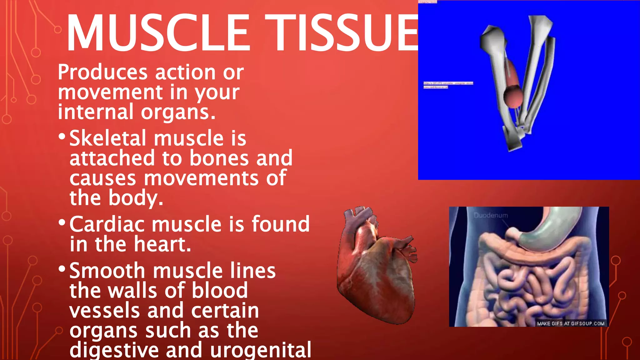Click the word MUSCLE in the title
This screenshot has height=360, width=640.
tap(158, 33)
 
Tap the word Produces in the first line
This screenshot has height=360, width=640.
tap(102, 72)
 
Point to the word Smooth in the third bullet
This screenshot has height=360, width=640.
tap(107, 271)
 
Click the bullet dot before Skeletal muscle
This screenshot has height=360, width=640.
tap(62, 136)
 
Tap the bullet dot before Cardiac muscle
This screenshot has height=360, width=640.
tap(62, 222)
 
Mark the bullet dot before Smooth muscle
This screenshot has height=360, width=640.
tap(62, 269)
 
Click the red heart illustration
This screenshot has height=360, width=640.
tap(377, 269)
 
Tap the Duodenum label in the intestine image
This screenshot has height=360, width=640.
tap(491, 215)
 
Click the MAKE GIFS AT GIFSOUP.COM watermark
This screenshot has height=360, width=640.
tap(571, 323)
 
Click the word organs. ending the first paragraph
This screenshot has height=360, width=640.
tap(178, 112)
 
